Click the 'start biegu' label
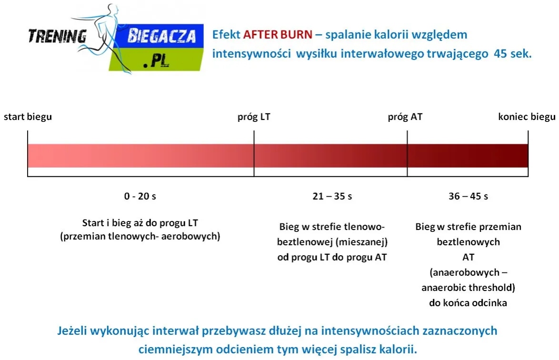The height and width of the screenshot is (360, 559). click(x=28, y=117)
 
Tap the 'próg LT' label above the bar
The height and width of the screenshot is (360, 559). click(x=254, y=117)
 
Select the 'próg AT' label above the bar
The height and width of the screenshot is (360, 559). click(x=405, y=117)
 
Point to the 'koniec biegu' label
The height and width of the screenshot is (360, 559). click(x=527, y=117)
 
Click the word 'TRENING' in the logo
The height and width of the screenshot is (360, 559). click(x=57, y=36)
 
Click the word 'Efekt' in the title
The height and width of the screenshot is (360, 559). click(x=226, y=35)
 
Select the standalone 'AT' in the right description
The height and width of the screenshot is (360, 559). click(x=468, y=257)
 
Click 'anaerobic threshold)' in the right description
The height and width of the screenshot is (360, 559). click(x=468, y=288)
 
